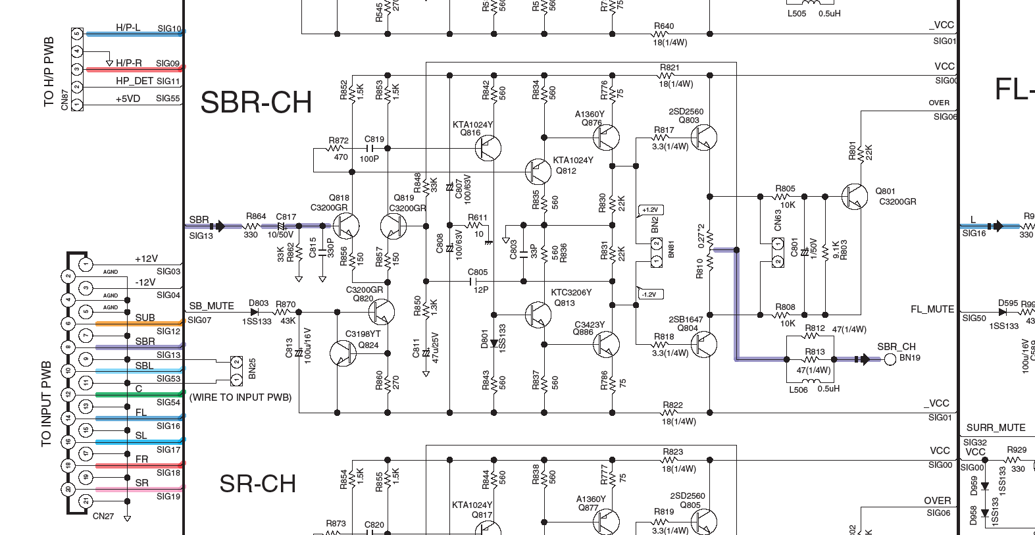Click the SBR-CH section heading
point(256,103)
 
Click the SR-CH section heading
point(257,484)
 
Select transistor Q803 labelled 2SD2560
point(704,138)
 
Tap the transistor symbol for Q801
point(855,195)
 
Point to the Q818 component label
point(339,198)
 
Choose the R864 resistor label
point(256,216)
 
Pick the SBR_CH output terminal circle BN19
point(890,359)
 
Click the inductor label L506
point(797,389)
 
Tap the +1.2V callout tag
point(649,210)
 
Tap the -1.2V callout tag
point(649,294)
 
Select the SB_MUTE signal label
point(211,306)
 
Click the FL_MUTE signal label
point(932,309)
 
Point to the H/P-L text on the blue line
point(128,28)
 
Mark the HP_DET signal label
point(134,81)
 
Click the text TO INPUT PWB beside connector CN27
point(46,403)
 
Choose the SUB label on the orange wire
point(145,318)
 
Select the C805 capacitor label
point(478,272)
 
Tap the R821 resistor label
point(670,68)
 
